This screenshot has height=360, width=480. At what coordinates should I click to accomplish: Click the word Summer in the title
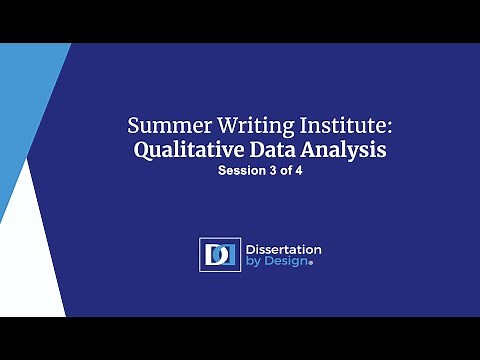tap(163, 127)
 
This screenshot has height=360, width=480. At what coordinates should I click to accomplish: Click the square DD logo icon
tap(219, 254)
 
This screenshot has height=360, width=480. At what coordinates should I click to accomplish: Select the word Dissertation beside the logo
tap(284, 248)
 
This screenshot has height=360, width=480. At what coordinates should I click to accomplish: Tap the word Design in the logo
tap(287, 262)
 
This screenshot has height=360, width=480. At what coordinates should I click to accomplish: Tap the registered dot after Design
tap(311, 265)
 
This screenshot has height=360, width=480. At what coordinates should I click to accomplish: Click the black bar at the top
tap(240, 21)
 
